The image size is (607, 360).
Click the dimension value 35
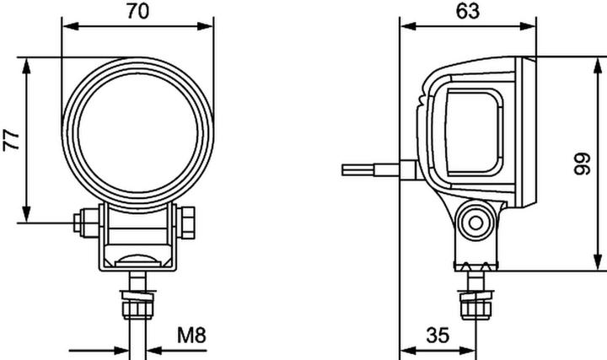(437, 336)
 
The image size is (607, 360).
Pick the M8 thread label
(192, 336)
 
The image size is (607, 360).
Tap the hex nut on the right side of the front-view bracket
(191, 223)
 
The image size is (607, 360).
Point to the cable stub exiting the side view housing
(371, 169)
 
